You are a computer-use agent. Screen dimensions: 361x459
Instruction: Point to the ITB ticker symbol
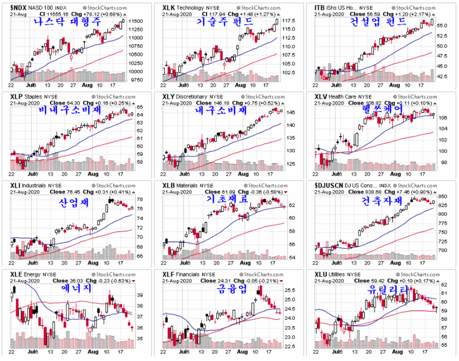[320, 8]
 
